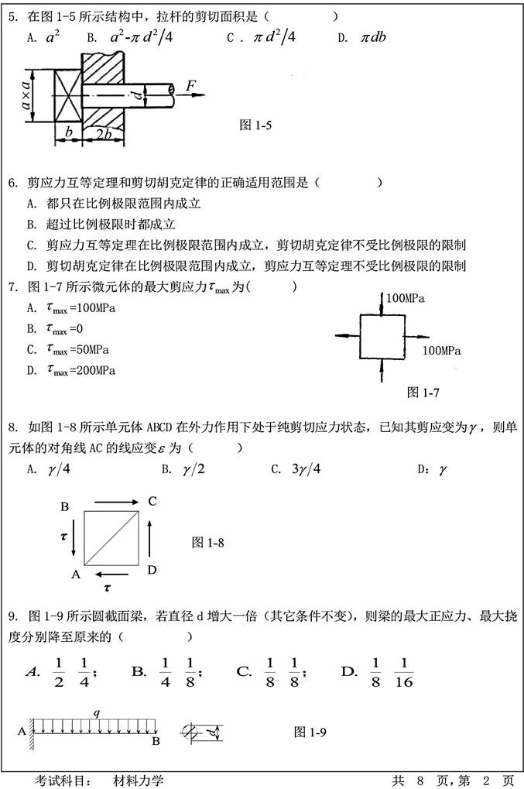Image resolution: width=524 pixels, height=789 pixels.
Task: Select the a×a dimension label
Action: [26, 96]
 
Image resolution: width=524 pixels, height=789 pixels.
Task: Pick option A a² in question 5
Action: [50, 37]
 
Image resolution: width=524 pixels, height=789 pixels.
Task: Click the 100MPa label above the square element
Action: [407, 297]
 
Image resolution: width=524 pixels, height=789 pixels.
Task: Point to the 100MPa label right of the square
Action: [442, 350]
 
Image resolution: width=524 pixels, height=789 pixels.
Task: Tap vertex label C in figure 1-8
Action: [152, 501]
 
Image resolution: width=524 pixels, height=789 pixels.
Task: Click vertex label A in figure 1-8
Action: [76, 574]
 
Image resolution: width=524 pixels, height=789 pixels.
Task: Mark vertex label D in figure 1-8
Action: [152, 571]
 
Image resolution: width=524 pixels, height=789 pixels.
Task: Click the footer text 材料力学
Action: [138, 780]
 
